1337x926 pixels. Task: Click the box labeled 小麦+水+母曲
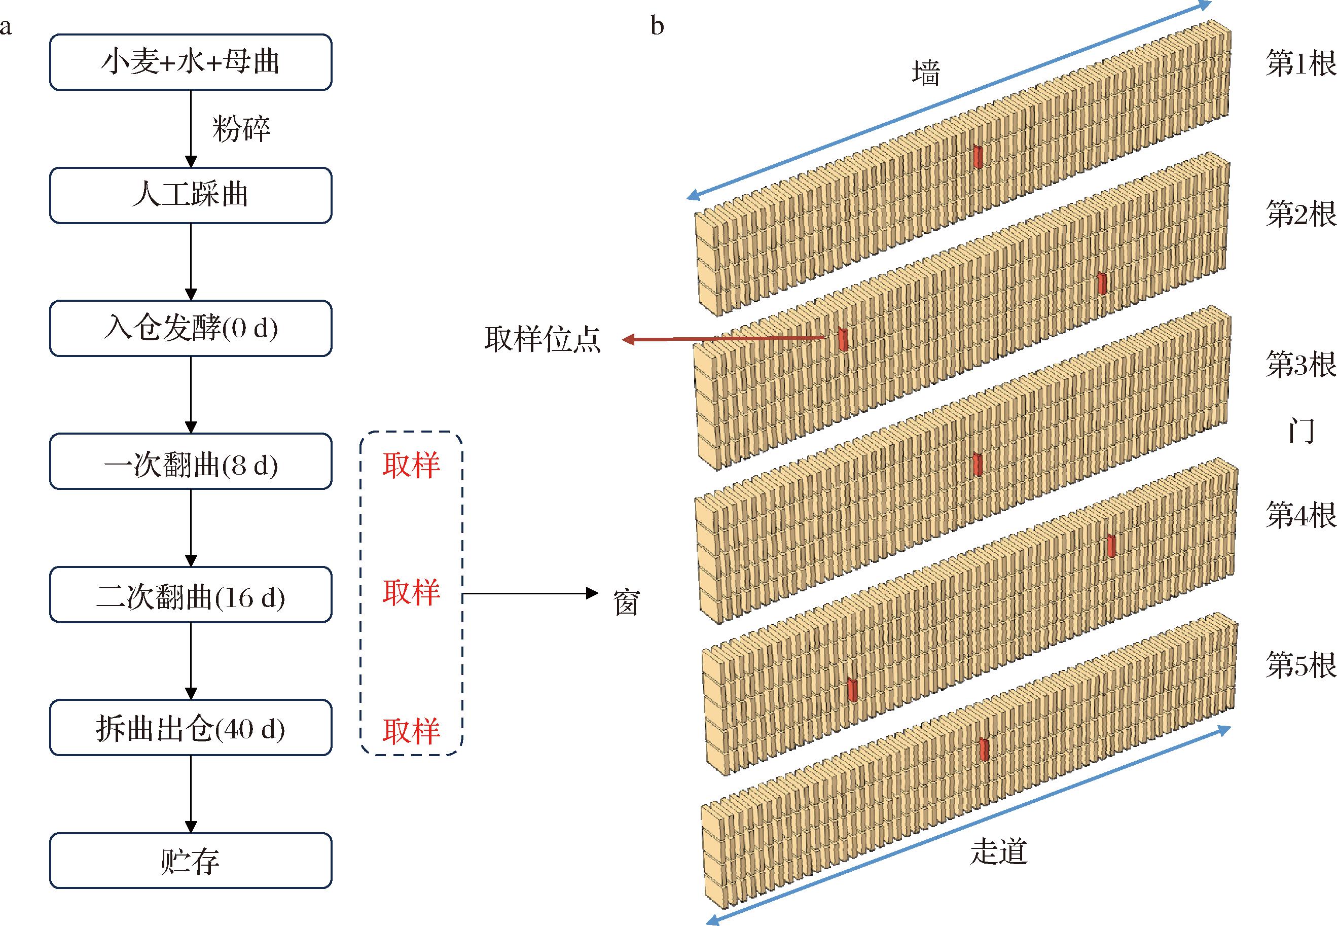tap(191, 62)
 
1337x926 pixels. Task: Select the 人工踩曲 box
tap(191, 196)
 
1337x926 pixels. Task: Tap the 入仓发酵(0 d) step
tap(191, 329)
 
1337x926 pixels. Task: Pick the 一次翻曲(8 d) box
tap(191, 461)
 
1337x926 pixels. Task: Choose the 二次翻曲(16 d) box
tap(191, 595)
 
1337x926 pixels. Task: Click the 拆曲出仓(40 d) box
tap(191, 728)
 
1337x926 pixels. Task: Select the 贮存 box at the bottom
tap(191, 861)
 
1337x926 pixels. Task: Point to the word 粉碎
tap(241, 129)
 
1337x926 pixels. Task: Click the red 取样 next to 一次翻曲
tap(411, 466)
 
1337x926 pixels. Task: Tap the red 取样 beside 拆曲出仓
tap(411, 731)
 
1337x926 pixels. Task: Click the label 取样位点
tap(543, 339)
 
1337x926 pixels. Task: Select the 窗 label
tap(627, 603)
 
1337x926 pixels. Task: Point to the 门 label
tap(1301, 431)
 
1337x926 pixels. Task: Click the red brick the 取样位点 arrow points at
tap(843, 339)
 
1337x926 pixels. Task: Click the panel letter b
tap(657, 26)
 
